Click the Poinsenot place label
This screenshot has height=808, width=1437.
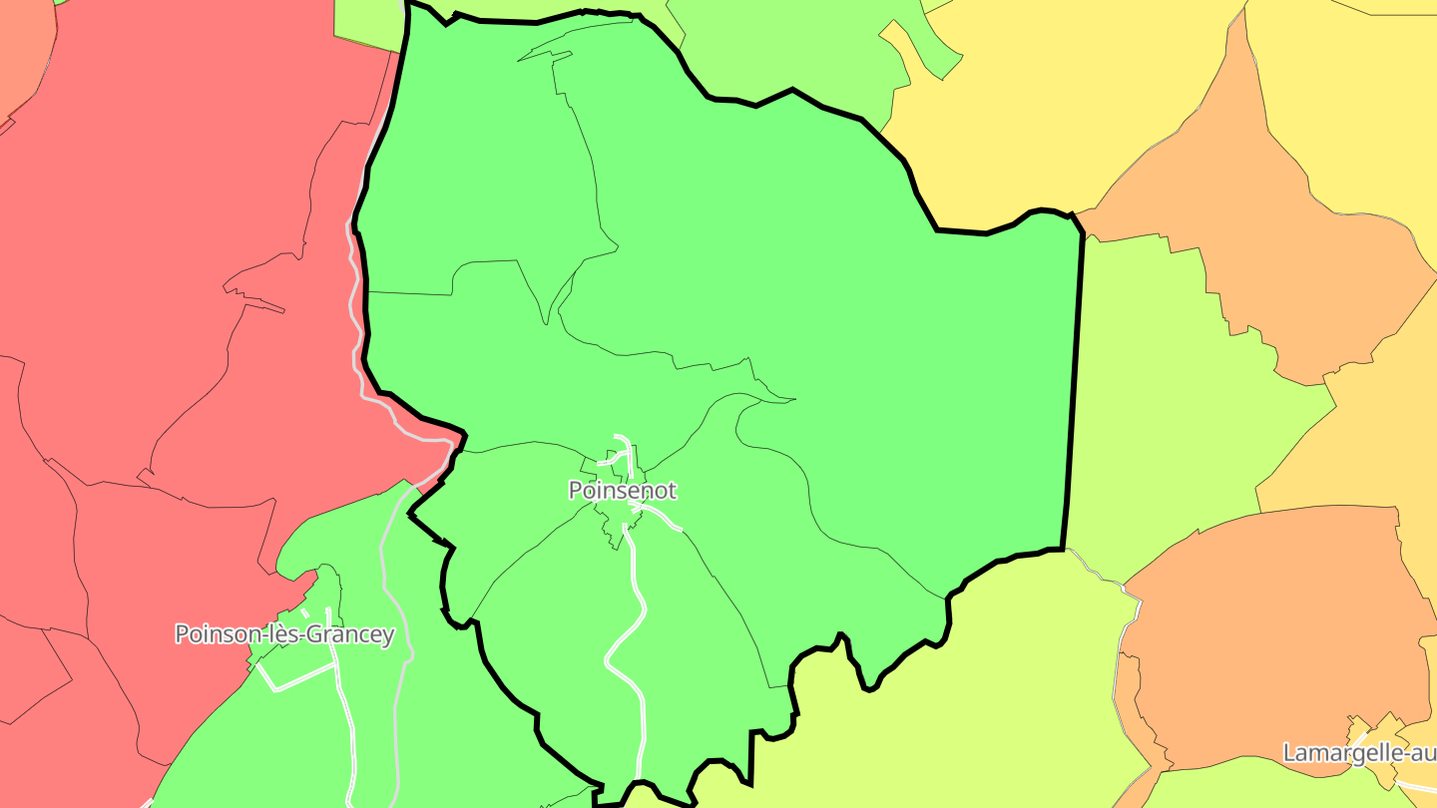pyautogui.click(x=623, y=491)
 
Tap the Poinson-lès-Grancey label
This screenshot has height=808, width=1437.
pyautogui.click(x=284, y=634)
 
